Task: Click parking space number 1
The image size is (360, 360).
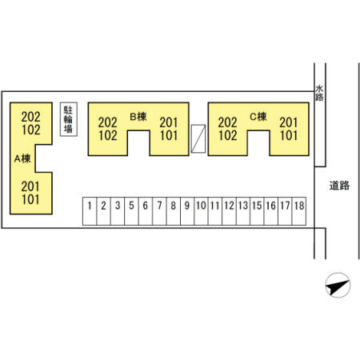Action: click(90, 211)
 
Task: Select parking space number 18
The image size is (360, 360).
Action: click(299, 211)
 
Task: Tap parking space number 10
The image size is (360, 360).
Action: click(201, 211)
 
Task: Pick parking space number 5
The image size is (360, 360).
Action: click(131, 211)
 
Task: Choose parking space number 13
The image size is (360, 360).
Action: click(243, 211)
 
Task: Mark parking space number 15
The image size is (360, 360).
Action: click(257, 211)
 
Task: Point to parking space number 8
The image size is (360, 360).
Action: click(174, 211)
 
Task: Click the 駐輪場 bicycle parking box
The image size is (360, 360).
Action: click(69, 119)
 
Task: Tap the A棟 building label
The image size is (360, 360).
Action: click(22, 158)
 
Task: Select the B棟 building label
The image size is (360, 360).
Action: click(138, 117)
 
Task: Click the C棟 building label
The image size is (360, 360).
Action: click(258, 117)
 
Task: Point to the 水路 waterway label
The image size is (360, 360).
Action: click(319, 93)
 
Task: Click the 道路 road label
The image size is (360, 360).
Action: click(339, 186)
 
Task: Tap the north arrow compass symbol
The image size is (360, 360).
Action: click(338, 285)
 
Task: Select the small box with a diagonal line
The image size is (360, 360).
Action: click(198, 138)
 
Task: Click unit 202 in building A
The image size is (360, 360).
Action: click(31, 117)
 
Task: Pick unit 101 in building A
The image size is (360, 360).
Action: click(30, 199)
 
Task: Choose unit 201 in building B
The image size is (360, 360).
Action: click(169, 122)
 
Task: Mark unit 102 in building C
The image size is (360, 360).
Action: click(228, 135)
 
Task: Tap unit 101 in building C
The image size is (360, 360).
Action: click(289, 135)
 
